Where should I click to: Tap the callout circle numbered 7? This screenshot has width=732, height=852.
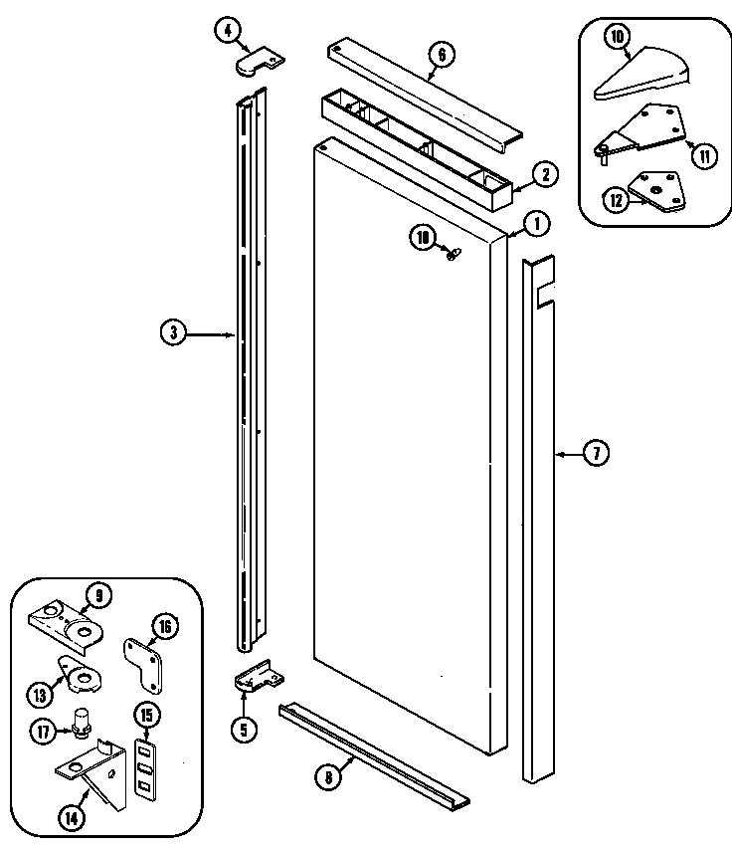[x=595, y=454]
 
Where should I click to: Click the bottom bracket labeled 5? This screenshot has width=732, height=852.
[x=256, y=679]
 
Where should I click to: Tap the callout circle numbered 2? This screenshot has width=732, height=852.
[x=545, y=174]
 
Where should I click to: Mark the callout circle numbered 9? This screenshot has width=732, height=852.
[x=97, y=595]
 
